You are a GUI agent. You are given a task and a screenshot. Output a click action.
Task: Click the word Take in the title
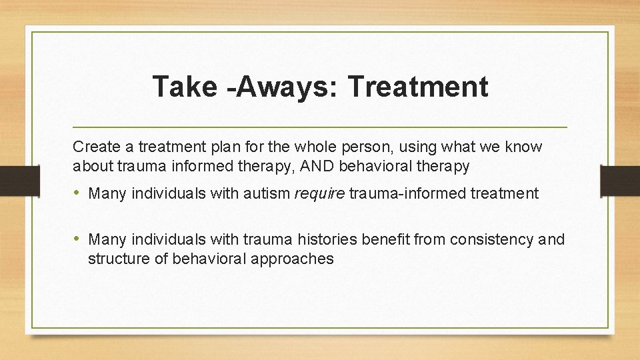click(x=180, y=87)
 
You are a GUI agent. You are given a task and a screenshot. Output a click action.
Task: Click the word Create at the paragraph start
click(x=93, y=146)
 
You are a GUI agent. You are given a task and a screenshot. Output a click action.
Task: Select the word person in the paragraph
click(x=365, y=146)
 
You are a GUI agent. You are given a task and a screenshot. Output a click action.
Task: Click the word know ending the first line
click(x=526, y=146)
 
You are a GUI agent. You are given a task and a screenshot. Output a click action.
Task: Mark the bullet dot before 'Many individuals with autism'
click(x=77, y=194)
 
